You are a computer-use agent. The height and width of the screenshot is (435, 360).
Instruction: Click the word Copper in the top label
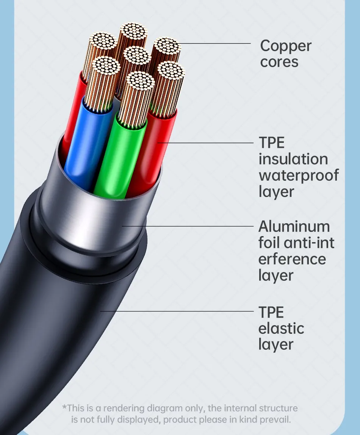(x=286, y=46)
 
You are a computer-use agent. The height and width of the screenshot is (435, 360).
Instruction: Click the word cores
(x=279, y=62)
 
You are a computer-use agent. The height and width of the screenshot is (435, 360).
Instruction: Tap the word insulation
(x=293, y=159)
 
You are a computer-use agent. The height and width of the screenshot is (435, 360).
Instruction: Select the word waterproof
(x=299, y=176)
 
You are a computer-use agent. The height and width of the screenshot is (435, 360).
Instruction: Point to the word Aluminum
(x=294, y=227)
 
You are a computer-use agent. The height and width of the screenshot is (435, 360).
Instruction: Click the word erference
(x=292, y=259)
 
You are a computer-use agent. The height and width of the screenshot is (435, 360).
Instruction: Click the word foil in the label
(x=269, y=243)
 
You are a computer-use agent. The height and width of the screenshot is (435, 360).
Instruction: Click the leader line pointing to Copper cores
(x=215, y=44)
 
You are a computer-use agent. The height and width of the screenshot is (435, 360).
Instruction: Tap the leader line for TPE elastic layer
(x=177, y=311)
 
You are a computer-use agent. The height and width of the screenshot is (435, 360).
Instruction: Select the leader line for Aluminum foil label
(x=188, y=226)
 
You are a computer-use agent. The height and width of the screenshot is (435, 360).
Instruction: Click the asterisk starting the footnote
(x=64, y=407)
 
